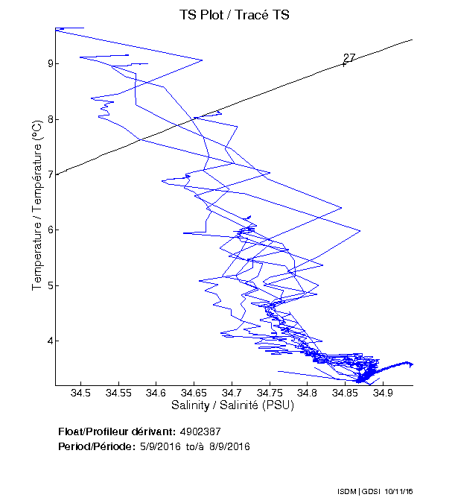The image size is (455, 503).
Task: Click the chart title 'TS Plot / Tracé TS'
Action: [235, 14]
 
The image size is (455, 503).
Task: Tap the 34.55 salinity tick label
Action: [118, 393]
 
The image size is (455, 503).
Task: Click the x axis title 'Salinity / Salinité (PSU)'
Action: [232, 406]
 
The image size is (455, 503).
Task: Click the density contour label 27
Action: [349, 58]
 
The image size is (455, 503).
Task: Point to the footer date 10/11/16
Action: [400, 491]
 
